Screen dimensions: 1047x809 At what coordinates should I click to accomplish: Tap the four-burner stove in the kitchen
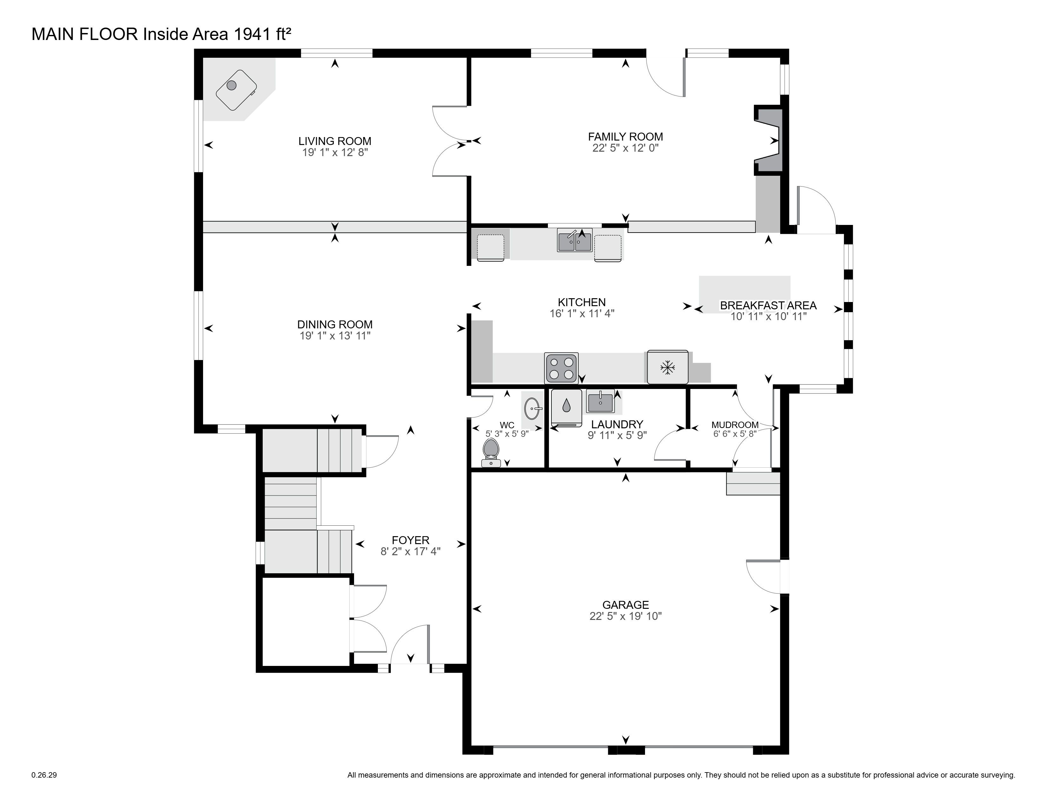click(561, 368)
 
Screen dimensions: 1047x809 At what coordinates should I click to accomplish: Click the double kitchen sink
click(574, 240)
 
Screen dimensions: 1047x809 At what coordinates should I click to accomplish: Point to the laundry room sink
click(600, 402)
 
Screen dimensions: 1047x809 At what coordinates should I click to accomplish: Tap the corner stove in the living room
click(236, 89)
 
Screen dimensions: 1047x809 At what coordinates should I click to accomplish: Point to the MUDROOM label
click(735, 424)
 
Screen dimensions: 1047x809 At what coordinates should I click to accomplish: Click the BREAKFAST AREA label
click(768, 305)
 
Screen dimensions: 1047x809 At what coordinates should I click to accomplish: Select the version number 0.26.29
click(44, 774)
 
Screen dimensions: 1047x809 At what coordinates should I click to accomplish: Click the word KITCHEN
click(582, 302)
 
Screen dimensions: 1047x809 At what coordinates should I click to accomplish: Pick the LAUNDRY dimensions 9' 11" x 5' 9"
click(617, 435)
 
